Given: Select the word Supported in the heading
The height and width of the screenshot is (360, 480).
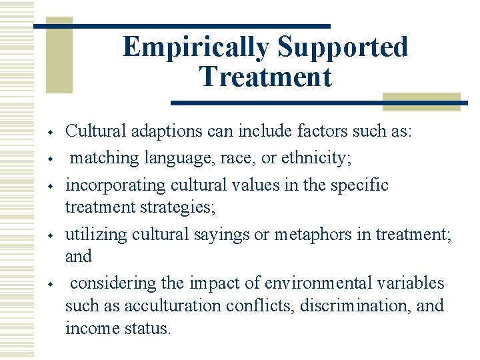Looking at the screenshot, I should (x=343, y=47).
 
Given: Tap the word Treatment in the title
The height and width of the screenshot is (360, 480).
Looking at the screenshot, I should (x=265, y=77).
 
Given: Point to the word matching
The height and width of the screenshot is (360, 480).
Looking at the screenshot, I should (x=103, y=159).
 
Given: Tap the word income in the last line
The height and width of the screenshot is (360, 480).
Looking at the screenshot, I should (x=89, y=328).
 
